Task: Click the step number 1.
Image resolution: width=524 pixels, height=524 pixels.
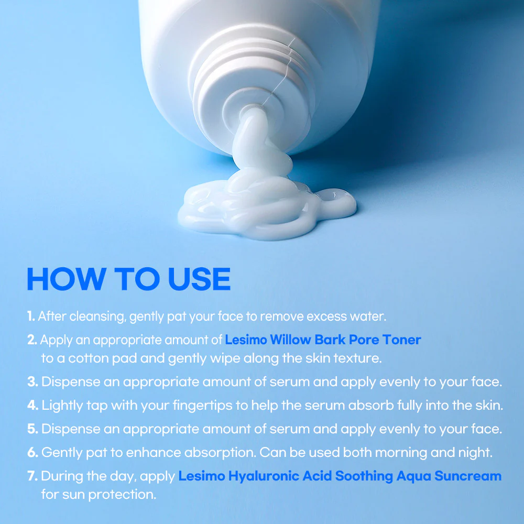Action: [31, 316]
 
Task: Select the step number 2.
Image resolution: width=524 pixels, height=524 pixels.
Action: [32, 340]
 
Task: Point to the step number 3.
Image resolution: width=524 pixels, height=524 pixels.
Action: [32, 381]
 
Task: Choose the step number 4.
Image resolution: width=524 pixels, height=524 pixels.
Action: [32, 405]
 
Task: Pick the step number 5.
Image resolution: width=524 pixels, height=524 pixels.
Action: [32, 429]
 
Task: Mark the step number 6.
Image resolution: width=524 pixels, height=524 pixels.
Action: [32, 452]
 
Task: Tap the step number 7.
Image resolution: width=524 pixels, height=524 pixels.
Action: [32, 476]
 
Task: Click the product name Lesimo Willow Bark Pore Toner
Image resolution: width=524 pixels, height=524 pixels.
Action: [323, 340]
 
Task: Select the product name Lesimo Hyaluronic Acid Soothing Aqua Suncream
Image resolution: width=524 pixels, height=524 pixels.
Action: [340, 476]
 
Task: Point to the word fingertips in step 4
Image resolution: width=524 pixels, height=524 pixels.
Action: [216, 406]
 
